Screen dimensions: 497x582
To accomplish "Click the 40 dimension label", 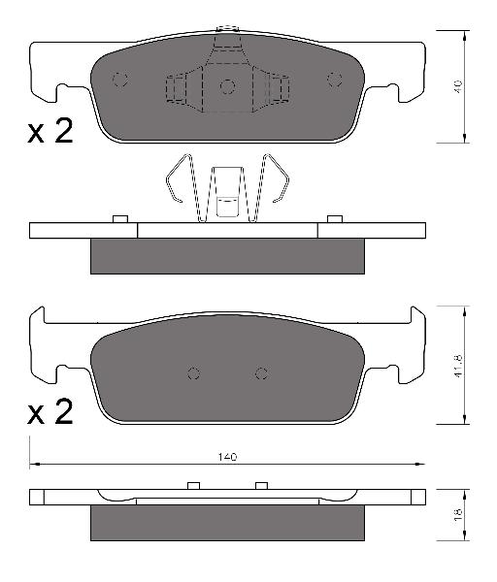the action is [x=458, y=86].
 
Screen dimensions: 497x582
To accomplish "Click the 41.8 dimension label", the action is [x=458, y=366].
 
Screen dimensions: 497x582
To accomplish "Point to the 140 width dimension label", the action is [x=227, y=457].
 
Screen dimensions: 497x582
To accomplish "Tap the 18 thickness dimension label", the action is [x=458, y=514].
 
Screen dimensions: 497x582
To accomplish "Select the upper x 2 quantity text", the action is [x=50, y=131].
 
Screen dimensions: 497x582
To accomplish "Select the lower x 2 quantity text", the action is [x=50, y=412].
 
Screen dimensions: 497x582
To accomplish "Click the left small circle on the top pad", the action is [x=120, y=80].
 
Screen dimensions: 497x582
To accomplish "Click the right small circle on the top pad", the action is [x=335, y=80].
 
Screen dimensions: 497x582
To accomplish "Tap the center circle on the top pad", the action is [x=227, y=87].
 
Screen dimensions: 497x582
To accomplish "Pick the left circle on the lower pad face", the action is [x=193, y=373].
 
